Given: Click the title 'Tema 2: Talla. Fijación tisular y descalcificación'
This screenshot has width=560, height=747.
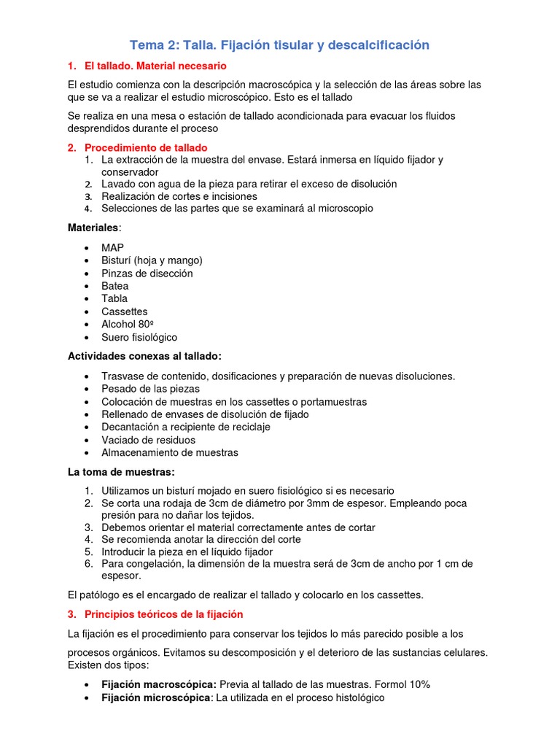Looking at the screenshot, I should [279, 45].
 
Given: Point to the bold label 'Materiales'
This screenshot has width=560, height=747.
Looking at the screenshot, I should [92, 228].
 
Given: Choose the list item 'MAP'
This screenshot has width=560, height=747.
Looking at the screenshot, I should [112, 248].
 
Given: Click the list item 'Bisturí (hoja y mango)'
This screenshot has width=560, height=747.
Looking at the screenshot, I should [152, 260].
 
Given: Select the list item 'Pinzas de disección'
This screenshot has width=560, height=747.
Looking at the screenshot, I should [147, 274].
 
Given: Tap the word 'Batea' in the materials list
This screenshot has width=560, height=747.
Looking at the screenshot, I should [114, 286].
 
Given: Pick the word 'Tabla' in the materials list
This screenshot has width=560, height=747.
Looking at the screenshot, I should [114, 298].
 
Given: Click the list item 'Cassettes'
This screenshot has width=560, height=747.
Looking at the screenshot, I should [124, 311].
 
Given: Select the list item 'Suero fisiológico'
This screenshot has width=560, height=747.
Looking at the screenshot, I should [139, 337].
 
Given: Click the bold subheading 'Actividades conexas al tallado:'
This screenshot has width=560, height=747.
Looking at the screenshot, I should [144, 356].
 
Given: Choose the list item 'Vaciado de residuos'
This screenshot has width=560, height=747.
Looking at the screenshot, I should [148, 440].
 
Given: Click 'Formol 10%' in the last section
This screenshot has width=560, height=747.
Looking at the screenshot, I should [402, 684].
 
